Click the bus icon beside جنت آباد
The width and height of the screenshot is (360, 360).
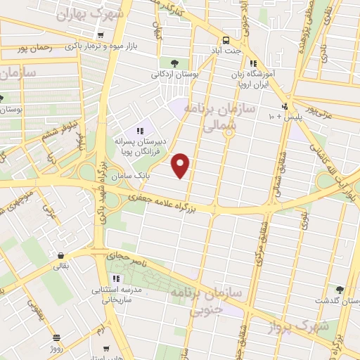pyautogui.click(x=226, y=40)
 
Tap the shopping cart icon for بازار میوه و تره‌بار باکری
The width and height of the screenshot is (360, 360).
pyautogui.click(x=102, y=34)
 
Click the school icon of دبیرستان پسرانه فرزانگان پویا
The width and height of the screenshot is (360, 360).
pyautogui.click(x=139, y=130)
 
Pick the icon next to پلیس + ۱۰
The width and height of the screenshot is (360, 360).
pyautogui.click(x=283, y=107)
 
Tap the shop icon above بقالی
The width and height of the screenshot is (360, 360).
pyautogui.click(x=61, y=256)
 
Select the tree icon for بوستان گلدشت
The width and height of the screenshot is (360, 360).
pyautogui.click(x=340, y=290)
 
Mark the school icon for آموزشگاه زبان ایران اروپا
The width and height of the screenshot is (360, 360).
pyautogui.click(x=253, y=63)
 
